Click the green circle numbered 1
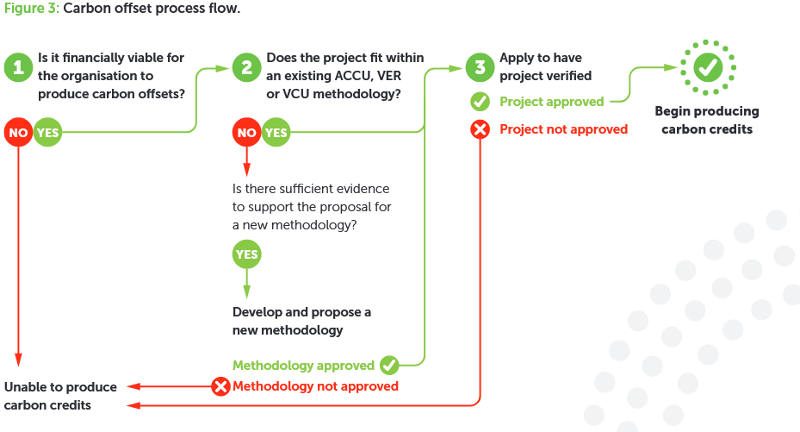(x=18, y=67)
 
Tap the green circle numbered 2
(x=247, y=67)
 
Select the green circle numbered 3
(x=481, y=67)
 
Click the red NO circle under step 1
(x=18, y=132)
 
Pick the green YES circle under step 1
(x=48, y=132)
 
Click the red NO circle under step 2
(x=247, y=132)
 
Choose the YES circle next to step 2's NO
(x=276, y=132)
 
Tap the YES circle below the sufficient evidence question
(x=247, y=254)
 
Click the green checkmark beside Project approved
(x=481, y=102)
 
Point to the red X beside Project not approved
(x=481, y=129)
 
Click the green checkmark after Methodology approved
(x=389, y=365)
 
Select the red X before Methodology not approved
(x=221, y=386)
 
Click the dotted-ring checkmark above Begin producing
(x=708, y=67)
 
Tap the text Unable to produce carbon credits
(x=60, y=396)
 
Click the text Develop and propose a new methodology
(x=301, y=321)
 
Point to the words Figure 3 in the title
(x=32, y=9)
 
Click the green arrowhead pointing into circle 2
(x=222, y=68)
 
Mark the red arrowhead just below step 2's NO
(x=247, y=170)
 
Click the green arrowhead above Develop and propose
(x=247, y=291)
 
